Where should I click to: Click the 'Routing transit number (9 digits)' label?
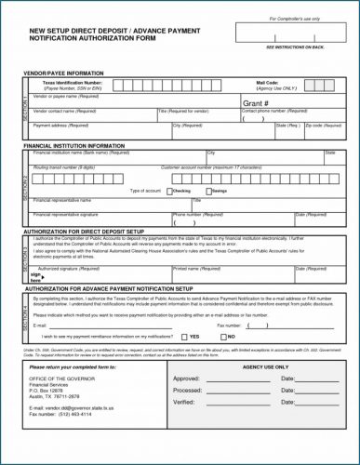pos(64,166)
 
